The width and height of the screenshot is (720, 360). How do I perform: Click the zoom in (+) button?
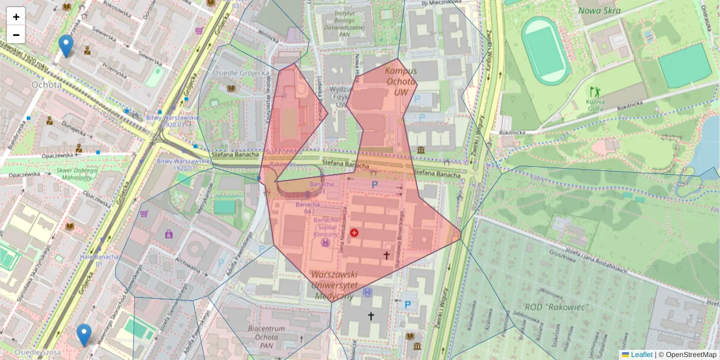coord(16,17)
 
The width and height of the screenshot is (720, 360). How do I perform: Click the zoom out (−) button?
coord(16,35)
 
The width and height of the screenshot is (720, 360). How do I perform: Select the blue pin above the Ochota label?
coord(66,45)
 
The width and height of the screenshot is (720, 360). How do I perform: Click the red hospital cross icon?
coord(354,232)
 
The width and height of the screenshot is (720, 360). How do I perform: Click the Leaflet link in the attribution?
coord(641,355)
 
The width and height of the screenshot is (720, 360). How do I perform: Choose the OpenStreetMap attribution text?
coord(691,355)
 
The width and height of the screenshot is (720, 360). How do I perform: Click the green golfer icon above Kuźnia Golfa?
coord(595,92)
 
